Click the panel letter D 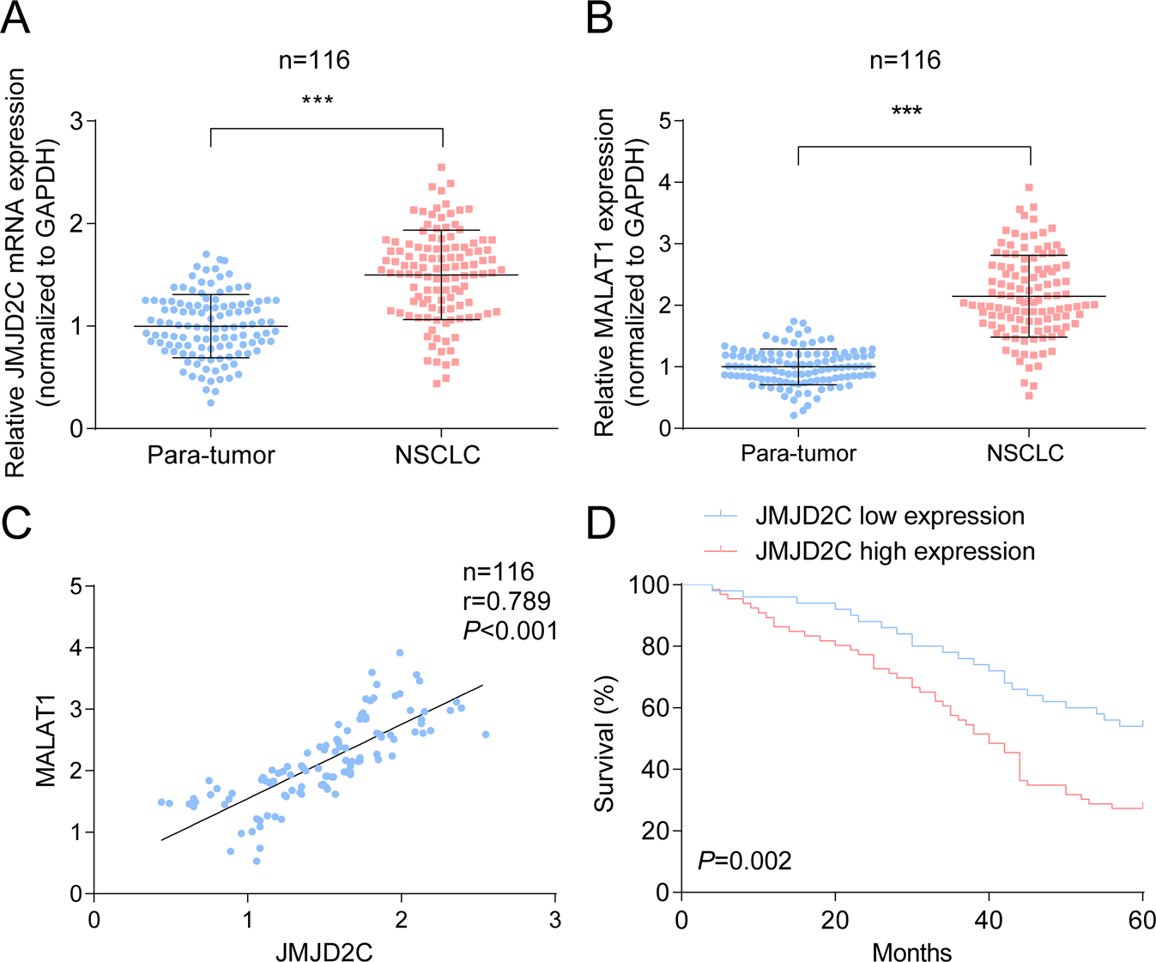(601, 523)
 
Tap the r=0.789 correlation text (506, 601)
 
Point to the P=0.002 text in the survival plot (744, 860)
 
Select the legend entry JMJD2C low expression (889, 516)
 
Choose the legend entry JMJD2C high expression (894, 550)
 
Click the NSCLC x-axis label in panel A (438, 455)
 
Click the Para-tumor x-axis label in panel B (799, 452)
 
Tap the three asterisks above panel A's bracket (318, 101)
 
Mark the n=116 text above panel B (905, 60)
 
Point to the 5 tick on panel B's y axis (664, 121)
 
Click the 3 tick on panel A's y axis (77, 121)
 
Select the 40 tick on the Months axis (990, 920)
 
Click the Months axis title (911, 952)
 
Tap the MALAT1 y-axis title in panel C (46, 740)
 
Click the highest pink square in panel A (441, 167)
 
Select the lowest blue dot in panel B (794, 415)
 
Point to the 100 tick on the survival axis (649, 585)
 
